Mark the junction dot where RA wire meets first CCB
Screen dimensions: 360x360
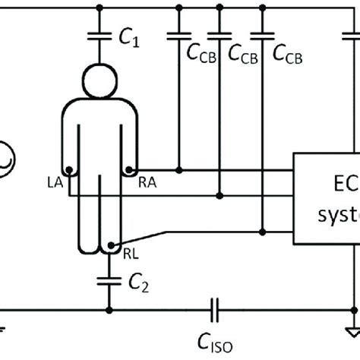[x=178, y=169]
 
